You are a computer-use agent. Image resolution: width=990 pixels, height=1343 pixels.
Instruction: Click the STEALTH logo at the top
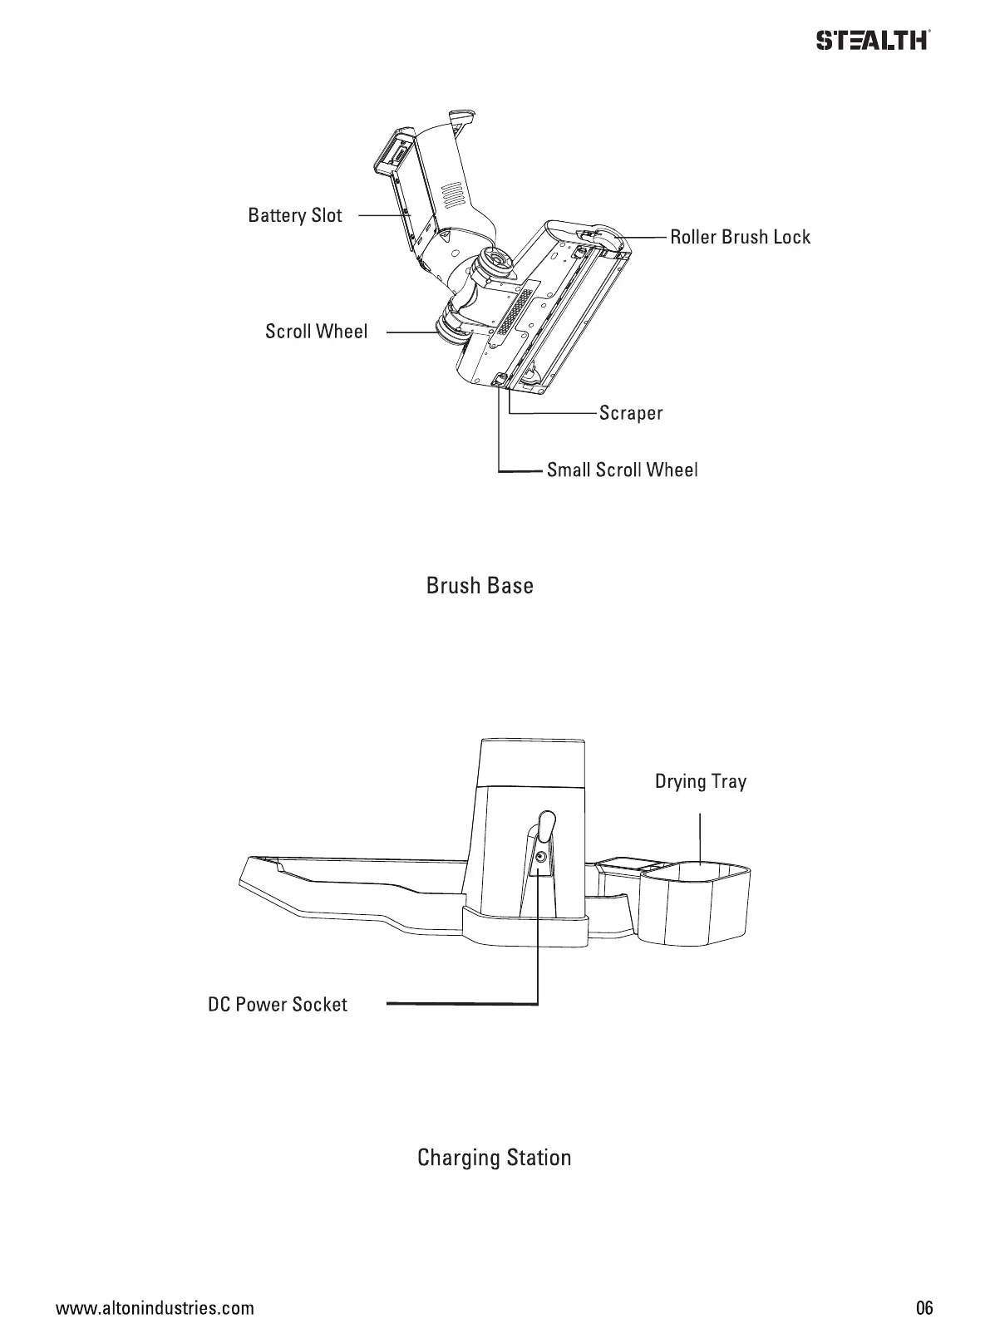click(872, 40)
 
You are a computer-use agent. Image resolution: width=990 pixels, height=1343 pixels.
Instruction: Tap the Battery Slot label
click(295, 216)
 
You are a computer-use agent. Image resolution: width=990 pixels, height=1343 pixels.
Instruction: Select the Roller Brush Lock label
click(740, 238)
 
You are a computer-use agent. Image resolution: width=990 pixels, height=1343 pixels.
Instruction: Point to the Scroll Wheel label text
click(316, 332)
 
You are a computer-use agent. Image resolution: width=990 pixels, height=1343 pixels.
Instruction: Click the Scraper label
click(631, 413)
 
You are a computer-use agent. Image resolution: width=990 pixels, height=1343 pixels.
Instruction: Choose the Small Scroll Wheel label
click(622, 470)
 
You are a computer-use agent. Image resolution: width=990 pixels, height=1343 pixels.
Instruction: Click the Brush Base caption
click(480, 586)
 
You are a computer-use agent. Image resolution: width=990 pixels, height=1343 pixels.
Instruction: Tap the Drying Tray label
click(700, 782)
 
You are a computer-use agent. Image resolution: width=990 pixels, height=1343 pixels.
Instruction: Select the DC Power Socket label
click(278, 1005)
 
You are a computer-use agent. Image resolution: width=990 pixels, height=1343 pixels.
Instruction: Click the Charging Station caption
click(494, 1158)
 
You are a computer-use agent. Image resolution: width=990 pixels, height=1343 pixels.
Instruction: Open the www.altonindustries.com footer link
click(155, 1309)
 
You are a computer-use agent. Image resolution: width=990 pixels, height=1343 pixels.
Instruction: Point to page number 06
click(924, 1309)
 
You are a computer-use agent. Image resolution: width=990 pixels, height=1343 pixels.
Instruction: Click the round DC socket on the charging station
click(542, 857)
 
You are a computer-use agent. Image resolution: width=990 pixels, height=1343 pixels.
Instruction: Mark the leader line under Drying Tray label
click(700, 839)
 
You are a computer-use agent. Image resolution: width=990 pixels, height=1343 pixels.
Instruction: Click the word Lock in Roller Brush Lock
click(791, 238)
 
